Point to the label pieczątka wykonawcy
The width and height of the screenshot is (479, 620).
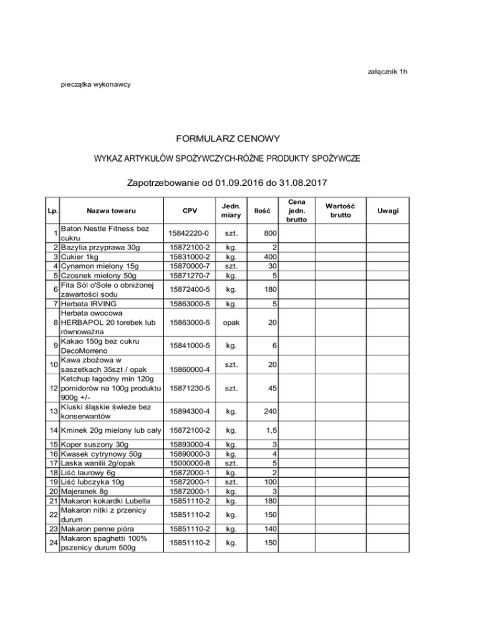tap(95, 84)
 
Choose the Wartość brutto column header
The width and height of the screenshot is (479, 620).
tap(340, 211)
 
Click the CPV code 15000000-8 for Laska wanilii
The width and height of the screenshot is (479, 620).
tap(190, 463)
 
